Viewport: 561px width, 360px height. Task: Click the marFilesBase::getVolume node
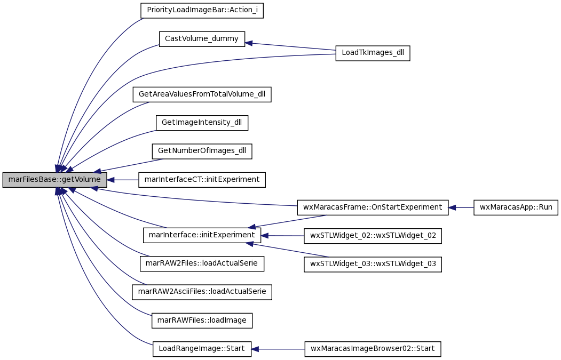[54, 179]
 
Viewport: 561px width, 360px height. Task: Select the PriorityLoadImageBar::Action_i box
[202, 10]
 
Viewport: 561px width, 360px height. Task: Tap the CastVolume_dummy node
[202, 38]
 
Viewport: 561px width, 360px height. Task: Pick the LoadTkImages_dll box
[373, 53]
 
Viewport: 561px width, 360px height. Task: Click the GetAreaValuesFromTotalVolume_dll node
[202, 94]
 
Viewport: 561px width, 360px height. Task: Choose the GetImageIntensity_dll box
[202, 123]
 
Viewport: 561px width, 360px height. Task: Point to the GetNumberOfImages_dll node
[202, 151]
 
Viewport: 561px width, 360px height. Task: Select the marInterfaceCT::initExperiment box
[202, 179]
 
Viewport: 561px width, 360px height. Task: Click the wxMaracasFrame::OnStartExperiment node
[373, 207]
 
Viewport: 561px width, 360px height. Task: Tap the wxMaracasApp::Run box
[516, 207]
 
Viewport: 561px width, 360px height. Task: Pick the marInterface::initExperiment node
[202, 236]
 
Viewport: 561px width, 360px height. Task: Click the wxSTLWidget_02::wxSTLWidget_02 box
[373, 236]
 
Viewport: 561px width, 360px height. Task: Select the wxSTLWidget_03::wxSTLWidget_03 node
[373, 264]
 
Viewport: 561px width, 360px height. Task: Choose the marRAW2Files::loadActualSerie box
[202, 264]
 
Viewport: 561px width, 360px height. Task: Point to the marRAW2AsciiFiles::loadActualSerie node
[202, 292]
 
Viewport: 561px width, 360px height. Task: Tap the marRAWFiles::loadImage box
[202, 321]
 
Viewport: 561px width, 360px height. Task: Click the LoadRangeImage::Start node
[202, 349]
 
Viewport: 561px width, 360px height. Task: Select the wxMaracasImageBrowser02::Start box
[373, 349]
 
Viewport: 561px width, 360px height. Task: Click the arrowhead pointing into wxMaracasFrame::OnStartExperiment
[452, 207]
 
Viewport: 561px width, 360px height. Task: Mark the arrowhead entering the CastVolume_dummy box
[249, 43]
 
